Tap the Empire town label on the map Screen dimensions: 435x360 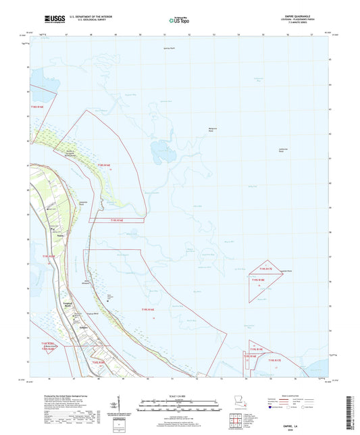tap(66, 328)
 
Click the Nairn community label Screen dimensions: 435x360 tap(60, 235)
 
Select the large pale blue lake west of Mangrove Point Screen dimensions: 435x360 tap(162, 150)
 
